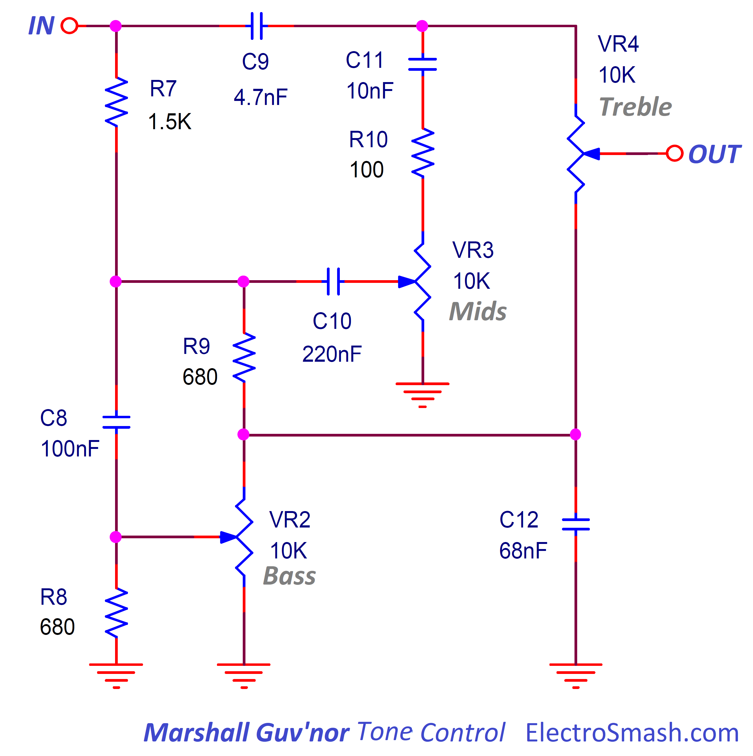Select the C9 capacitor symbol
coord(256,26)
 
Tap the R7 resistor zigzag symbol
coord(116,102)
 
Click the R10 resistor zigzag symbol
coord(423,153)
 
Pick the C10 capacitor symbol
coord(333,281)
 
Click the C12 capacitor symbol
coord(576,524)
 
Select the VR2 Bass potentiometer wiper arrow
coord(229,537)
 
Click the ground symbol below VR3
coord(423,395)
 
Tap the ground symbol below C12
coord(576,676)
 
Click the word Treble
coord(635,107)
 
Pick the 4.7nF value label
coord(261,97)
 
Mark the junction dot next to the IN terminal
coord(116,26)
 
